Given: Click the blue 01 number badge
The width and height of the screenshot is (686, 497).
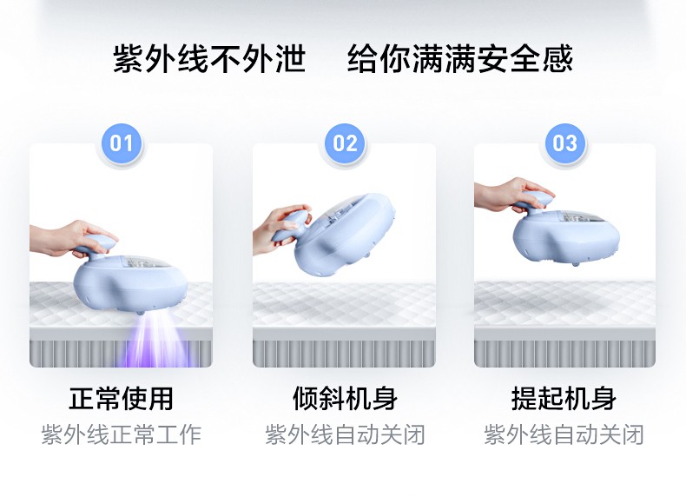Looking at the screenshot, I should [122, 142].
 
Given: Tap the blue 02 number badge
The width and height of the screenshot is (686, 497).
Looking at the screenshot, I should [345, 142].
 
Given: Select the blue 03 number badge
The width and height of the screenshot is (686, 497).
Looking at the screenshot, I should [565, 142].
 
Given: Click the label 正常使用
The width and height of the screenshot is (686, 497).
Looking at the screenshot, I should [122, 399].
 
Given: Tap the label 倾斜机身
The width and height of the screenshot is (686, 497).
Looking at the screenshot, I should [345, 399].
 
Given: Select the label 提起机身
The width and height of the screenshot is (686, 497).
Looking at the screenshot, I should [564, 399].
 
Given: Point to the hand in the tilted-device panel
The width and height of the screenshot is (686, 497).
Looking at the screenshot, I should [276, 228].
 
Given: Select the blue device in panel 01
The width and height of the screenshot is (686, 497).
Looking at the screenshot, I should [139, 278].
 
